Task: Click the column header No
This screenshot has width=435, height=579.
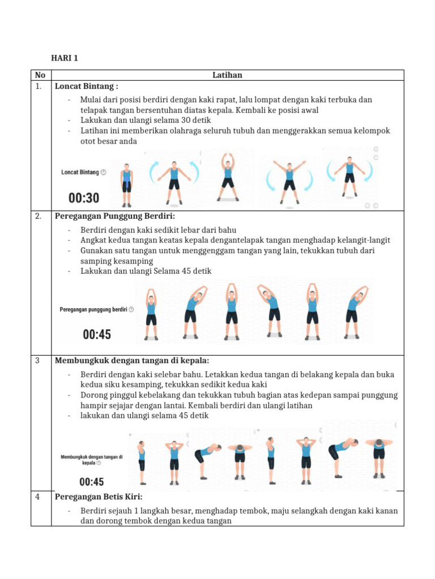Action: tap(40, 75)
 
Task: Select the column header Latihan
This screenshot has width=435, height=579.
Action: tap(227, 75)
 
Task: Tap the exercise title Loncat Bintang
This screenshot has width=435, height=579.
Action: tap(86, 87)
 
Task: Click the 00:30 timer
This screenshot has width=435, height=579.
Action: tap(84, 198)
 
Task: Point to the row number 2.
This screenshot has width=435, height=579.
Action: tap(39, 217)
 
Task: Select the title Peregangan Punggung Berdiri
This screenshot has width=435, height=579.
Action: tap(115, 217)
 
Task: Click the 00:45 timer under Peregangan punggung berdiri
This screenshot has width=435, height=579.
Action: tap(97, 335)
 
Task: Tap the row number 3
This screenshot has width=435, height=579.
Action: tap(37, 361)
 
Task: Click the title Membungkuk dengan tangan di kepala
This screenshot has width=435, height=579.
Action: tap(132, 361)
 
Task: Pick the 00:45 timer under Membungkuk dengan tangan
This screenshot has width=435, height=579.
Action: tap(91, 482)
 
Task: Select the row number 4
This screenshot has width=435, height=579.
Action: tap(37, 497)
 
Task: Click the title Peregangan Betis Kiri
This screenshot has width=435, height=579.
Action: tap(99, 497)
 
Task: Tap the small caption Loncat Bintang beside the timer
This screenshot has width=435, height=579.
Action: tap(80, 172)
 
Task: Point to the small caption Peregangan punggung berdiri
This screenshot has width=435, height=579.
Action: tap(93, 309)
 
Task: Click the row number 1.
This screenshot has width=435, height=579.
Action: tap(38, 87)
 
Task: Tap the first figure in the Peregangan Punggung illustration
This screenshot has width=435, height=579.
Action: tap(151, 314)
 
